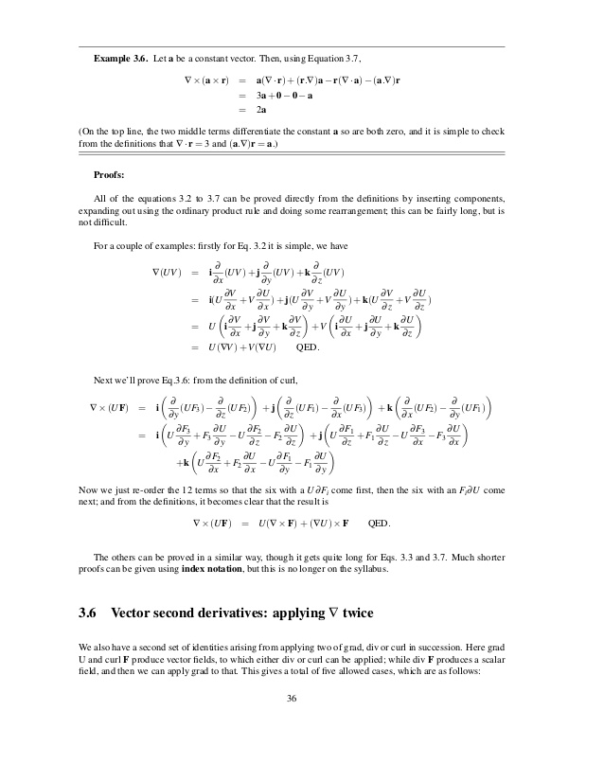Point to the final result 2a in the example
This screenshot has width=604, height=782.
click(261, 111)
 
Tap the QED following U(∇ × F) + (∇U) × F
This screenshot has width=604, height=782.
click(379, 523)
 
